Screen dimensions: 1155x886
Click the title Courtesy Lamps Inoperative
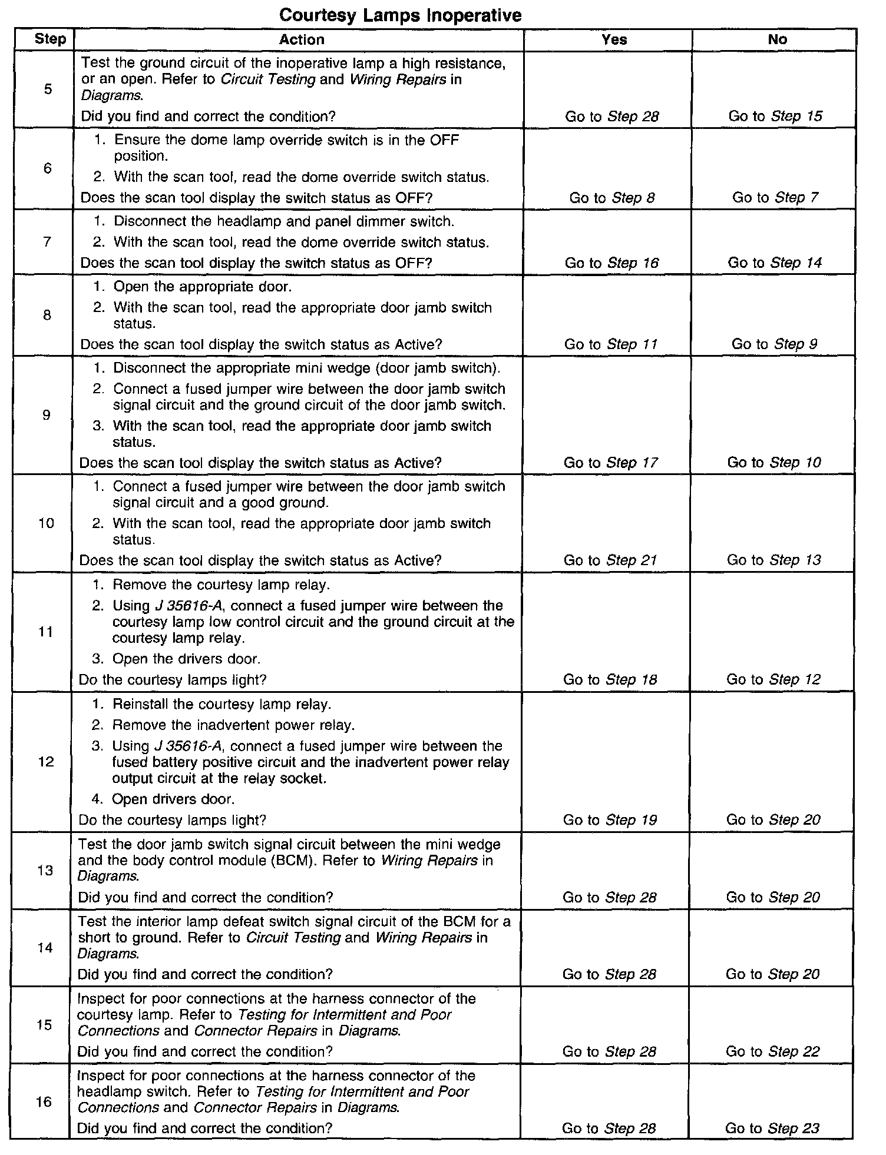(400, 15)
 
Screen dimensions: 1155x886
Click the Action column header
(302, 39)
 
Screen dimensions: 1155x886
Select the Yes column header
(614, 39)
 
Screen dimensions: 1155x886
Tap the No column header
(777, 39)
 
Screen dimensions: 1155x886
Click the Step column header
(50, 39)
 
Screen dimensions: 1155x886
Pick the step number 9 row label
(47, 415)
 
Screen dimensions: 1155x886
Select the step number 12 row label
(46, 762)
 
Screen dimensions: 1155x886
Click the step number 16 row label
(44, 1101)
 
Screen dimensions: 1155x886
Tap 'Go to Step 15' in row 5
(775, 116)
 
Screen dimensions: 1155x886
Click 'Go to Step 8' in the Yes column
(611, 198)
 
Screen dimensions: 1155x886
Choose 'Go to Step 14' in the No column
(775, 263)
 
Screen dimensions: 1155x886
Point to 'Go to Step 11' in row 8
(610, 344)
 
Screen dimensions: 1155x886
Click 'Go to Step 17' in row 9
(610, 463)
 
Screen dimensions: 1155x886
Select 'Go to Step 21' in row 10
(610, 560)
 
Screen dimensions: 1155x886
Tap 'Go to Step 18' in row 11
(610, 679)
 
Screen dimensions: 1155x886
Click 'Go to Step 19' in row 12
(610, 819)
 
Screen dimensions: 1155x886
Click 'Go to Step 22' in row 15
(772, 1051)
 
